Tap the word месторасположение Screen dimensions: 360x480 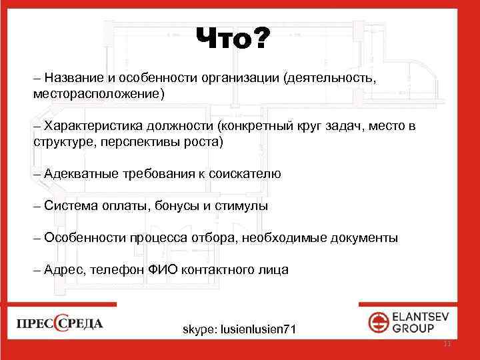tap(97, 94)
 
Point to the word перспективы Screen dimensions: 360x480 tap(145, 142)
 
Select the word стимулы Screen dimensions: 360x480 tap(243, 206)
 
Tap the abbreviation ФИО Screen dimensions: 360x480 tap(169, 270)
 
